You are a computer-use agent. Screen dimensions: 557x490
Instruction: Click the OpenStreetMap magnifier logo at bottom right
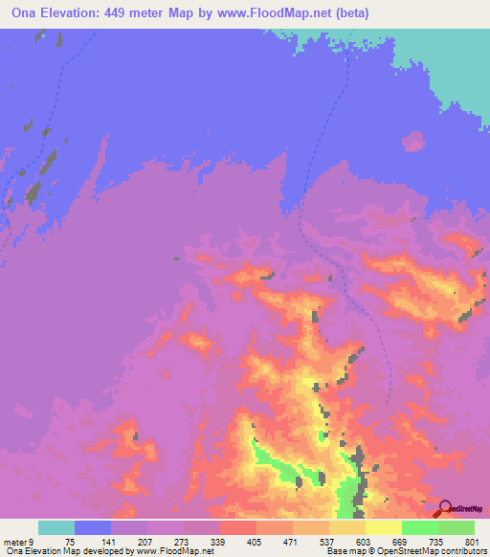[x=445, y=507]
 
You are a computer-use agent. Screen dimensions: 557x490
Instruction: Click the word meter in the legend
[x=16, y=542]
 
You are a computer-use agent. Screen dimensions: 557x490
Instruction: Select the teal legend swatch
[x=56, y=527]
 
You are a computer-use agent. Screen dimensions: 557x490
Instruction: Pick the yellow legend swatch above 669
[x=384, y=527]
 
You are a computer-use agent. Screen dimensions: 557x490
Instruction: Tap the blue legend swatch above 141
[x=93, y=527]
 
